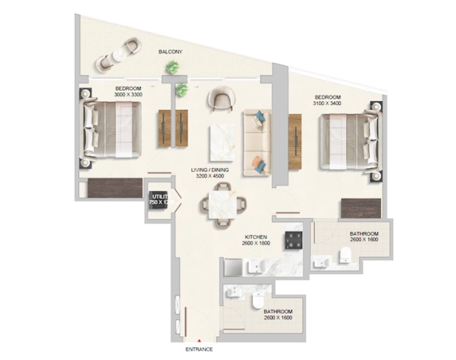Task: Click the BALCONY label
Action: click(x=170, y=52)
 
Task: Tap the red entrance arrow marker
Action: click(x=199, y=340)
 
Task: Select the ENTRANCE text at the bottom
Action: click(x=199, y=350)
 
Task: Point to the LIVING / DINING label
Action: click(x=210, y=173)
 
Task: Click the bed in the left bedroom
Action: click(x=112, y=127)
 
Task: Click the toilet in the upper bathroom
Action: click(x=345, y=255)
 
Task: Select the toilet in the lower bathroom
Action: click(x=254, y=302)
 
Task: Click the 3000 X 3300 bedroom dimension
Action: click(x=128, y=95)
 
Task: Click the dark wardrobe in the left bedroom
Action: click(x=110, y=189)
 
